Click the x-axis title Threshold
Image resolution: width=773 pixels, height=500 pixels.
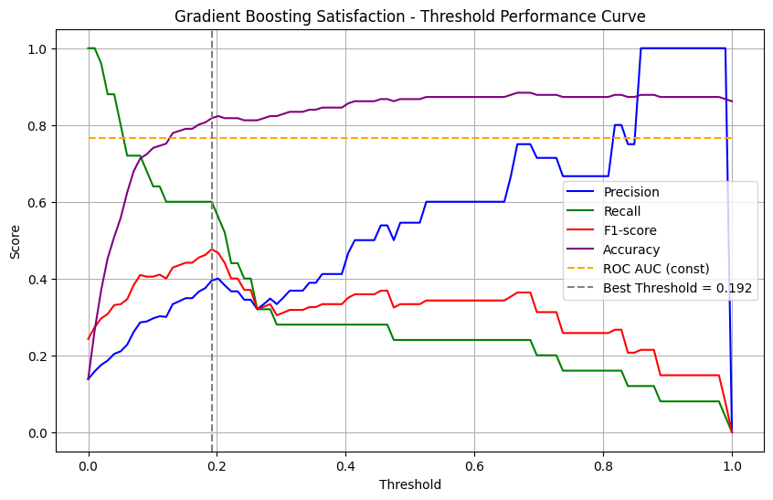click(410, 484)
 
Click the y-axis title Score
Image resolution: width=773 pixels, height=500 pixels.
click(15, 240)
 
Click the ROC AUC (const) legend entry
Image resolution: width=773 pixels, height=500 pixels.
click(656, 268)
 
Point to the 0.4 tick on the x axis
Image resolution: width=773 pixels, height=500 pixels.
click(345, 465)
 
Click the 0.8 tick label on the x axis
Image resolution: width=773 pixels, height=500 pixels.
click(603, 465)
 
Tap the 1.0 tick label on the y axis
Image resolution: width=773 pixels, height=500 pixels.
click(39, 48)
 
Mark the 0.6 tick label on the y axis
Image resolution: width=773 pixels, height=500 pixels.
click(39, 202)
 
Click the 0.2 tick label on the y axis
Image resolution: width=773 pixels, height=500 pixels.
click(39, 356)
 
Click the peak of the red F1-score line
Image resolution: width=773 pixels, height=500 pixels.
click(212, 250)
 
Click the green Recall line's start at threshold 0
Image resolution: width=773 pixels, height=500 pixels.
click(90, 48)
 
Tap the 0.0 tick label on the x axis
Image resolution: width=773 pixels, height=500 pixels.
click(89, 465)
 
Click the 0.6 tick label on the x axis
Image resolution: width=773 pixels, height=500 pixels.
click(474, 465)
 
